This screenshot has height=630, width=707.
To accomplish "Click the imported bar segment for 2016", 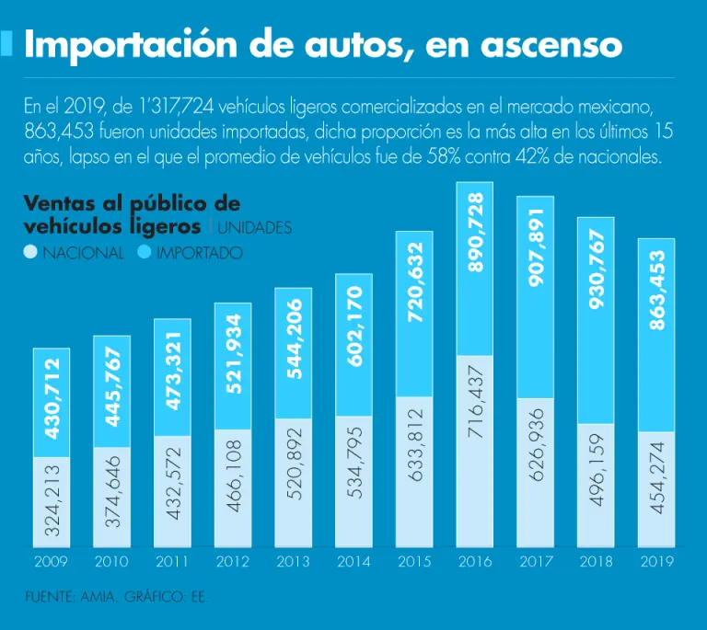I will (x=475, y=269).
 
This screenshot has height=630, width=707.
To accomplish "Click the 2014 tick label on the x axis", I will (x=353, y=561).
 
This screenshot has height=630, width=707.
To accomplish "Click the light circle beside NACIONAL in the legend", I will (x=30, y=252).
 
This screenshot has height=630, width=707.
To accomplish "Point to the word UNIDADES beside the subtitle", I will (x=255, y=226).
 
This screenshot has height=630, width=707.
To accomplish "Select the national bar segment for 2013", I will (x=294, y=484).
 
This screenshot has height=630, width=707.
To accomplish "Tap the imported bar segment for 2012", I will (x=233, y=366).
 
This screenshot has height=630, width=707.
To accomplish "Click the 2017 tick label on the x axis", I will (x=535, y=561).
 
